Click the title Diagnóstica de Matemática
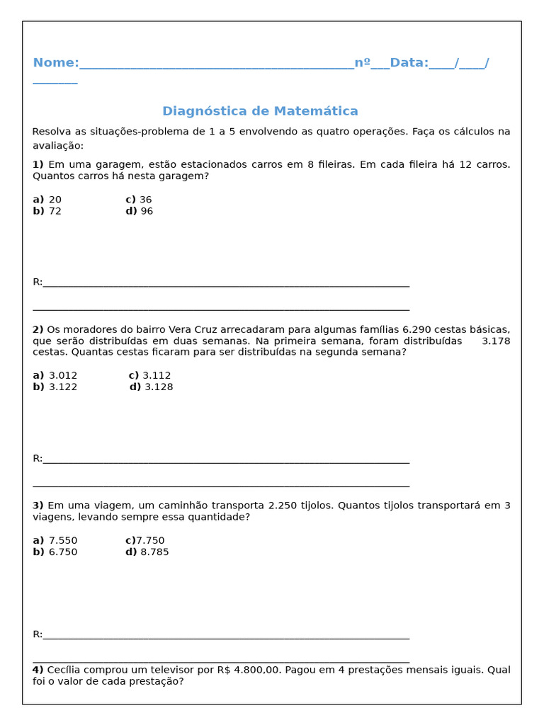point(260,111)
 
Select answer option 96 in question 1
point(147,211)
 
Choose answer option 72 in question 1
point(55,211)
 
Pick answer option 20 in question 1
point(55,200)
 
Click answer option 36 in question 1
point(146,200)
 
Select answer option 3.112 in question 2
point(157,375)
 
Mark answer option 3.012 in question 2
point(63,375)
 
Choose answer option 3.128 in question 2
point(159,387)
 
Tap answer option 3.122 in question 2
point(63,387)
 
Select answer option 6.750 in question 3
point(63,552)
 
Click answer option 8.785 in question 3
point(154,552)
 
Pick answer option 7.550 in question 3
point(63,540)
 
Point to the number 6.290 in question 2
point(416,329)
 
